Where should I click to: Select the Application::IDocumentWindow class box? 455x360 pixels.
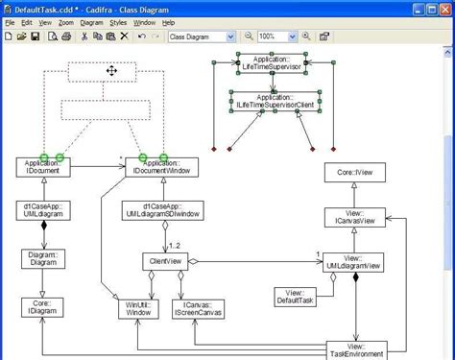click(160, 168)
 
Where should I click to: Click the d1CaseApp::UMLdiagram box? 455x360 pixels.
click(43, 210)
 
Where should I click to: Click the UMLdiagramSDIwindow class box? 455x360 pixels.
click(160, 210)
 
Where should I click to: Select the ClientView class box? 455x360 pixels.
click(167, 260)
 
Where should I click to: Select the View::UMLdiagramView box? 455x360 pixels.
click(354, 262)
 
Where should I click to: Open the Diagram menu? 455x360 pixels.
click(92, 21)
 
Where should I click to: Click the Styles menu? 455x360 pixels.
click(117, 21)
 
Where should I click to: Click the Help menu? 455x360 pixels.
click(168, 21)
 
